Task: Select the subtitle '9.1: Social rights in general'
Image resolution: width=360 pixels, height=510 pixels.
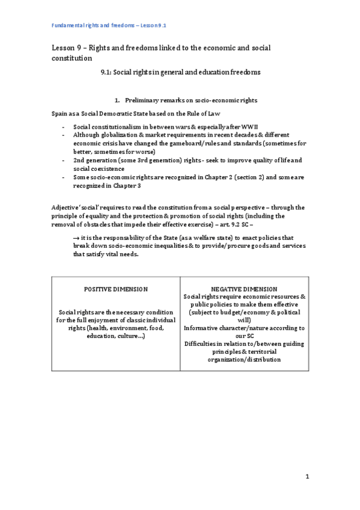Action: coord(180,72)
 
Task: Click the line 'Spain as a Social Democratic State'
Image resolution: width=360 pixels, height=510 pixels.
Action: coord(129,113)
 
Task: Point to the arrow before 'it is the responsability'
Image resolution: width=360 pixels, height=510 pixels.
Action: coord(75,238)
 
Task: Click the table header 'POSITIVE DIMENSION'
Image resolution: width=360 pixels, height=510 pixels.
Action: coord(116,289)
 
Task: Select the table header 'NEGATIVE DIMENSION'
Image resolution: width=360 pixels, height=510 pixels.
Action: coord(244,289)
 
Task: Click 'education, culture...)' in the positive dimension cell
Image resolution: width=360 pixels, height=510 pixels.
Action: coord(116,335)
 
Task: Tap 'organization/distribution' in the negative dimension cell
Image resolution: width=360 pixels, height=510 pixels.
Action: coord(244,359)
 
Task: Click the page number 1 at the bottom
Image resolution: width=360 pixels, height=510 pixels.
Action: coord(307,477)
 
